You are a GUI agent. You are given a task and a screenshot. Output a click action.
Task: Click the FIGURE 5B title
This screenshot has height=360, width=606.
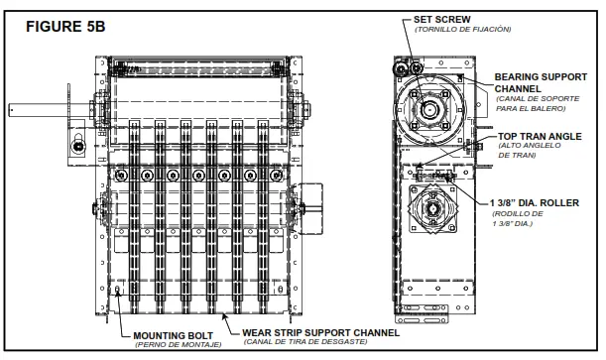(x=65, y=26)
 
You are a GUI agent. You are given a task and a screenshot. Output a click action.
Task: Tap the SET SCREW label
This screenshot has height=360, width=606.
(x=441, y=19)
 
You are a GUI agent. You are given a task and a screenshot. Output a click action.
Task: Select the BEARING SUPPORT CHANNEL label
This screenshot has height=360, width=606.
(x=541, y=82)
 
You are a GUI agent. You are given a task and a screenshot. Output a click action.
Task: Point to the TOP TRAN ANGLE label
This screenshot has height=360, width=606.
(x=540, y=136)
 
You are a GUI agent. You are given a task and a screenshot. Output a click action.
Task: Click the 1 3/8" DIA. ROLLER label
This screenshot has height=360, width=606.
(x=535, y=202)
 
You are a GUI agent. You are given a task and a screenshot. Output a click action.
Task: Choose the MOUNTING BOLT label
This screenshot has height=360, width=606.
(x=174, y=335)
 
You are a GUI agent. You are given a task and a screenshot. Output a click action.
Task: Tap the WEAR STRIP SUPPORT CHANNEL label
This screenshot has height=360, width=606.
(x=320, y=332)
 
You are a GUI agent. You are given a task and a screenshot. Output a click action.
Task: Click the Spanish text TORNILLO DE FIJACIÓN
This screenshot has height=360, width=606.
(x=462, y=30)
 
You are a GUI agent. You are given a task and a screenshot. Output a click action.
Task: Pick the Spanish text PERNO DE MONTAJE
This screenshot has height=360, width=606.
(x=179, y=344)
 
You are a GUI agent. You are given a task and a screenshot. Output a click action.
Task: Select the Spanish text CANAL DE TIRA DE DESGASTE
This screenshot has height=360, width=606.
(x=305, y=342)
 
